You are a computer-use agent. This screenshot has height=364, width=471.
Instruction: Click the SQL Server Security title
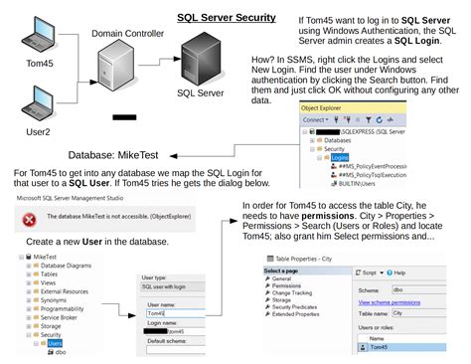point(226,17)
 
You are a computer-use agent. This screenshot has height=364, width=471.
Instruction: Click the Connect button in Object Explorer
point(319,119)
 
